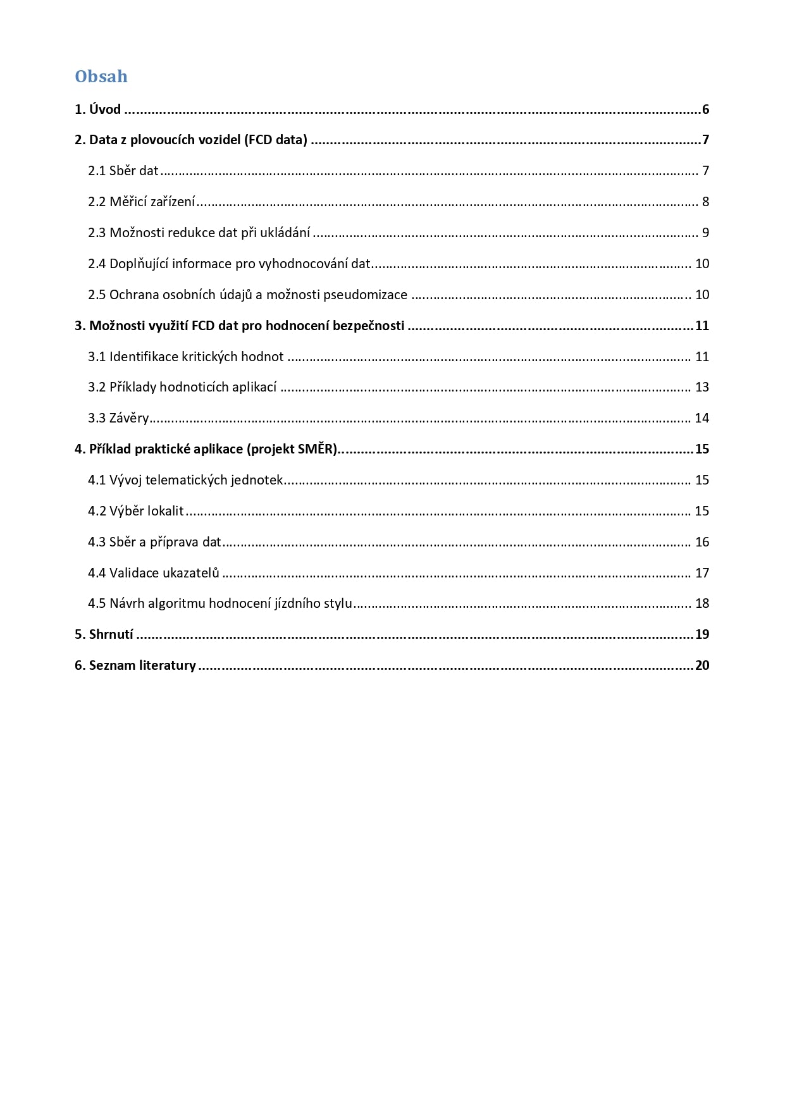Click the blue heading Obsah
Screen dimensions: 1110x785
(x=101, y=77)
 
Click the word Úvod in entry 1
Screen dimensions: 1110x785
(x=105, y=109)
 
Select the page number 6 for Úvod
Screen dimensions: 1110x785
(x=705, y=109)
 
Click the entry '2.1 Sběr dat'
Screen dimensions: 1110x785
(x=123, y=171)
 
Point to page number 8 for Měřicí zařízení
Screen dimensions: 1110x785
(x=705, y=202)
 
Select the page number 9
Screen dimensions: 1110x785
(x=705, y=233)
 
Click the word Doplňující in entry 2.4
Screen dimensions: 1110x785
(x=139, y=264)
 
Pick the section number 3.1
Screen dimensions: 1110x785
(x=97, y=357)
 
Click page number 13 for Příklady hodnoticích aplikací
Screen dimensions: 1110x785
(x=702, y=387)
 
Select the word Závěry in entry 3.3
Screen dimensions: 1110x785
(x=129, y=418)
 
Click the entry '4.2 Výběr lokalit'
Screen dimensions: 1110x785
(x=136, y=511)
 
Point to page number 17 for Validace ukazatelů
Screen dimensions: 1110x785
(x=702, y=573)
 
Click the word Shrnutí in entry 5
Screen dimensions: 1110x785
(x=111, y=634)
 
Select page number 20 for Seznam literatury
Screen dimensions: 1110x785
(x=702, y=665)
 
